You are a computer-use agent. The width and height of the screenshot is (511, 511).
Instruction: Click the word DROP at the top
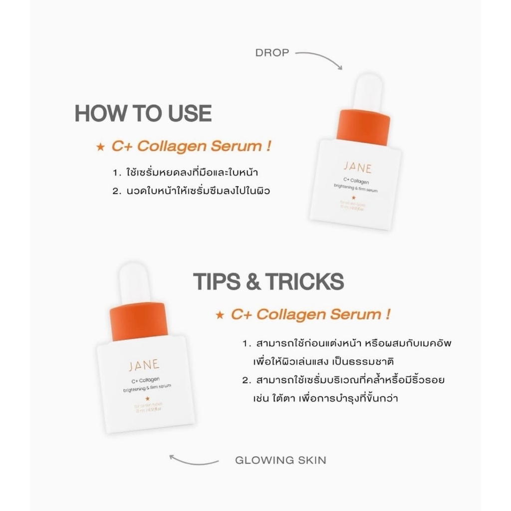272,52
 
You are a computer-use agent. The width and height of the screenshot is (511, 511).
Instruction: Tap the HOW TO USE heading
143,114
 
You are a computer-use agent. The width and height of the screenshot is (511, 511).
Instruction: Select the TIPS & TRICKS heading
268,281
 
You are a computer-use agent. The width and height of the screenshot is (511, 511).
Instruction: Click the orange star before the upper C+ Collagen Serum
100,147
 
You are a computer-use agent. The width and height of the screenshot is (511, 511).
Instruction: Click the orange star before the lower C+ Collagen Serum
219,315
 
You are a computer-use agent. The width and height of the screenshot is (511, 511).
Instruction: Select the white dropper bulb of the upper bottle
367,92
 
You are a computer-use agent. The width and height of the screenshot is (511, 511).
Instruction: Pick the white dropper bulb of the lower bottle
134,283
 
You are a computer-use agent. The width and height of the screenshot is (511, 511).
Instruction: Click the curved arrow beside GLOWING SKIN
194,460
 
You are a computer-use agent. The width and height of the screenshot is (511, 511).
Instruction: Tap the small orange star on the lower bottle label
147,398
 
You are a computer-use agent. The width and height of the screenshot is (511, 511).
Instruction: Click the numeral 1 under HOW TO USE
115,173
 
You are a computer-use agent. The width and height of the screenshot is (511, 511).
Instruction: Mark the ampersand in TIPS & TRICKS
254,281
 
